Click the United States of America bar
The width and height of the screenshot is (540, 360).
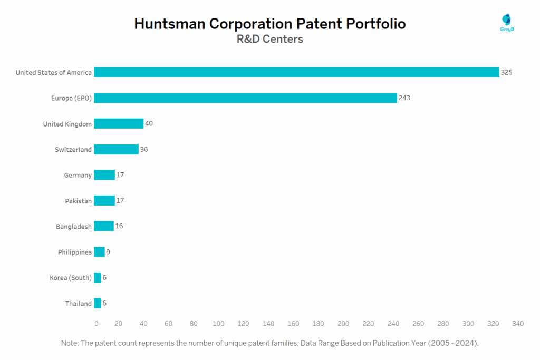tap(296, 72)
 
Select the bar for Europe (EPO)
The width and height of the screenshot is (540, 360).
tap(245, 98)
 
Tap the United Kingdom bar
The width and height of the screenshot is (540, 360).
tap(119, 124)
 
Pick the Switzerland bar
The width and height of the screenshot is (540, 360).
tap(116, 150)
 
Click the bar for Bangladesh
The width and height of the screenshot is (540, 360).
tap(104, 227)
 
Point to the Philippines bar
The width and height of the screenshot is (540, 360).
tap(99, 252)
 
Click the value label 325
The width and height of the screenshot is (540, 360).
tap(506, 72)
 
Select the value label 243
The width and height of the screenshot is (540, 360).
tap(404, 98)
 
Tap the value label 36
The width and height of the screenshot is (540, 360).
tap(144, 150)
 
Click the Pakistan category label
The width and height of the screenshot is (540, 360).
tap(78, 201)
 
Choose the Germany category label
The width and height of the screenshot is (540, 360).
tap(78, 176)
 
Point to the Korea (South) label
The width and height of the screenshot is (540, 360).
tap(71, 278)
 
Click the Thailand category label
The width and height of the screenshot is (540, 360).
tap(78, 304)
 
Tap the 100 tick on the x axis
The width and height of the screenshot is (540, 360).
tap(218, 324)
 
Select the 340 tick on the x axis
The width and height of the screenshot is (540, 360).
tap(518, 324)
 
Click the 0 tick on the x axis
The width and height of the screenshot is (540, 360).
tap(96, 324)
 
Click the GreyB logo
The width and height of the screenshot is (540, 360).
tap(507, 23)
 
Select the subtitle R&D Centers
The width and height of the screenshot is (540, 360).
tap(269, 40)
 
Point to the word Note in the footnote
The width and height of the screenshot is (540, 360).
tap(70, 343)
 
